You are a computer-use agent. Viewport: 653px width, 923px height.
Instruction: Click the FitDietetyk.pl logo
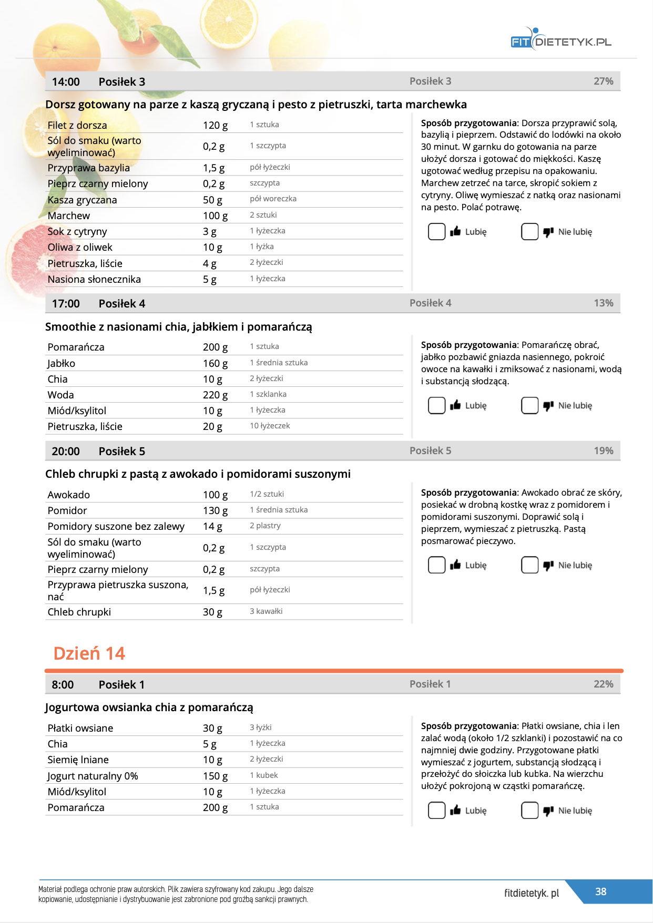[561, 40]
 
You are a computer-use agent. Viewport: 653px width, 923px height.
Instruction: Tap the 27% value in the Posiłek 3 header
[603, 81]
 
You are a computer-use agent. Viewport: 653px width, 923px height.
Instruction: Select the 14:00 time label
[66, 82]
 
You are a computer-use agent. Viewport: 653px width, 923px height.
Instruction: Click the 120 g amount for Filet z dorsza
[215, 125]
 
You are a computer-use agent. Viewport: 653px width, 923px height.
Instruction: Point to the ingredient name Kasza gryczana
[83, 200]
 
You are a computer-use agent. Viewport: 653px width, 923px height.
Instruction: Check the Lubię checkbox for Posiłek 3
[436, 231]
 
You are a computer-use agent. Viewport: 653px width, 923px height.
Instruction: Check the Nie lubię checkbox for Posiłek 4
[529, 405]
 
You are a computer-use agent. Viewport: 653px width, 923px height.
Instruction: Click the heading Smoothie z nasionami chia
[178, 327]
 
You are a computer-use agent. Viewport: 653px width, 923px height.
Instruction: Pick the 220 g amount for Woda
[215, 395]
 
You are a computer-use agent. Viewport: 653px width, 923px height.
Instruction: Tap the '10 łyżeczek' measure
[270, 426]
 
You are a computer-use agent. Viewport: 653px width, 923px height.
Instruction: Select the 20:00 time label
[66, 452]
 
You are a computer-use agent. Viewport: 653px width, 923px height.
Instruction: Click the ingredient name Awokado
[69, 495]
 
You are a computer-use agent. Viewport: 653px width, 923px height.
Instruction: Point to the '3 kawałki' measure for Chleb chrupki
[266, 611]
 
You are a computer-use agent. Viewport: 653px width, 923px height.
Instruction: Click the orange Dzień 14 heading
[89, 653]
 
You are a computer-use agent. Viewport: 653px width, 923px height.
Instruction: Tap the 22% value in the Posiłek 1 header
[603, 684]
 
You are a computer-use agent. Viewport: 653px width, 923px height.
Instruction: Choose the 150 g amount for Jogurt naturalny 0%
[215, 776]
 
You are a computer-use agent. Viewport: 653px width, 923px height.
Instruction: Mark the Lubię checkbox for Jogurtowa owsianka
[436, 810]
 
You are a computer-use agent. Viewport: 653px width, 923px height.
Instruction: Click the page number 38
[600, 891]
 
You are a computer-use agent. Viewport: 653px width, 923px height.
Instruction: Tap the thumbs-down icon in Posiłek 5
[548, 565]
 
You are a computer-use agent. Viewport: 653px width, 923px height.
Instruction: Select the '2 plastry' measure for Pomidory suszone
[265, 526]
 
